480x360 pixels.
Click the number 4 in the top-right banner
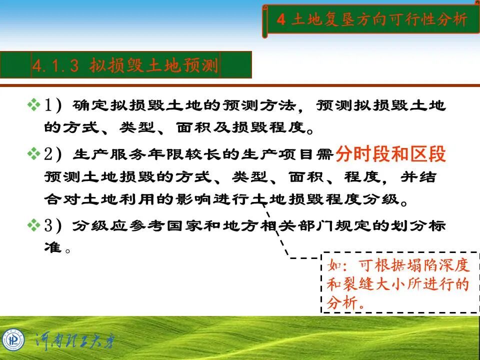[281, 20]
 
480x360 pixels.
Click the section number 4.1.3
[55, 66]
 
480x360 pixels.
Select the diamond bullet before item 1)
[33, 105]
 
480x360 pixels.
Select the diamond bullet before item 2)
[33, 154]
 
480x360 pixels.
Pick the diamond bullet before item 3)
[33, 225]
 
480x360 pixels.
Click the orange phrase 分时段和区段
[390, 154]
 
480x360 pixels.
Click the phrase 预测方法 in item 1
[253, 105]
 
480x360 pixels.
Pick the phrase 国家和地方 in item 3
[185, 226]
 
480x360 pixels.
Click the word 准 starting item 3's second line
[51, 247]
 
